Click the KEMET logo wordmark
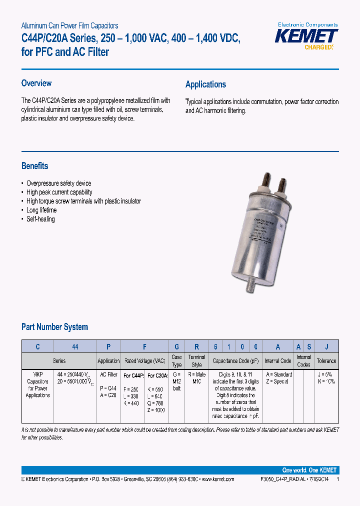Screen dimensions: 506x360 point(307,36)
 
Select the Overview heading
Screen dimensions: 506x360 point(36,83)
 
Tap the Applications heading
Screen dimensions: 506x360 point(205,84)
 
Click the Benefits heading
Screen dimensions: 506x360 point(35,166)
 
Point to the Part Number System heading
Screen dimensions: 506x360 point(54,327)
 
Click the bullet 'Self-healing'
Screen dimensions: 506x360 point(40,219)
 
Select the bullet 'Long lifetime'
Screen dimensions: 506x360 point(41,210)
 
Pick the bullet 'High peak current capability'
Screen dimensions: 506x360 point(59,192)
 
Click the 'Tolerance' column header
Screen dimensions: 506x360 point(326,361)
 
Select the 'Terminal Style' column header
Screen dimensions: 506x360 point(196,361)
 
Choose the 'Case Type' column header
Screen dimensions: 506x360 point(176,361)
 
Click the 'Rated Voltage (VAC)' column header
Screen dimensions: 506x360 point(144,361)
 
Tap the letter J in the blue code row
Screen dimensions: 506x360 point(326,346)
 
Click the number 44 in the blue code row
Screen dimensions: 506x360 point(75,346)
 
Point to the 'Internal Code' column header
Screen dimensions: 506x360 point(277,361)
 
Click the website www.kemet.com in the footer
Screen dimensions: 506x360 point(217,479)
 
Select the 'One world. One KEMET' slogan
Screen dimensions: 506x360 point(309,470)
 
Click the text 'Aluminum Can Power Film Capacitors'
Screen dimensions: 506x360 point(69,25)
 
